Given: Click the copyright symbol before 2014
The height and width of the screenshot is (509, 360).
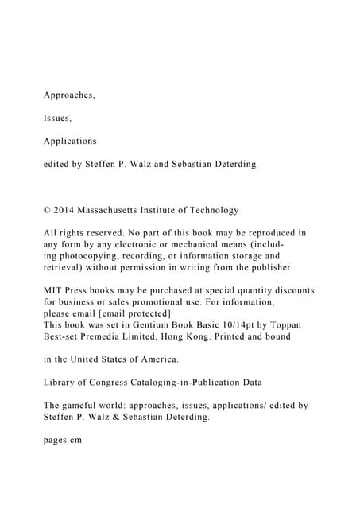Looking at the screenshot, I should pos(47,210).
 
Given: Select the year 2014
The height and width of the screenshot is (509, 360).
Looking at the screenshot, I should pos(65,210).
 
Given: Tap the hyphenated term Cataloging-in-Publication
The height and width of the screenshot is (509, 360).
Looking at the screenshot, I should pos(199,383).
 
